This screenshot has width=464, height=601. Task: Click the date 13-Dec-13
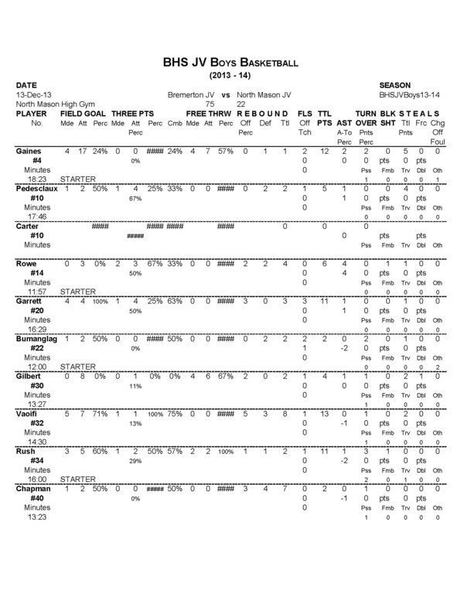32,94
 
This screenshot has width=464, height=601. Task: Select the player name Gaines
29,151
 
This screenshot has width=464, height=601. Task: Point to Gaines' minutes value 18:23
28,179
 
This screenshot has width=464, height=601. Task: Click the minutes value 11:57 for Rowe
28,292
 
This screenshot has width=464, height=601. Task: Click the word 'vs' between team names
227,94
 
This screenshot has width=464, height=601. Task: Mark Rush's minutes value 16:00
28,480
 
